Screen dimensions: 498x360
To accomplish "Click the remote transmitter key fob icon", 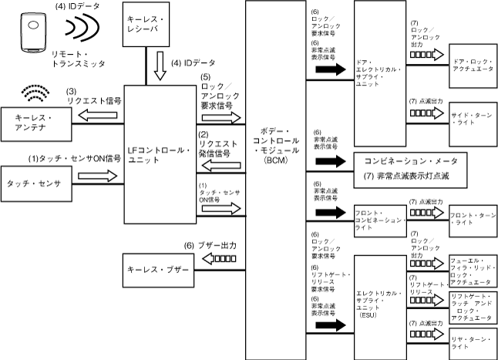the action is [x=33, y=32].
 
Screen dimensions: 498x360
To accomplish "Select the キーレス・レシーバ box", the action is [x=146, y=24].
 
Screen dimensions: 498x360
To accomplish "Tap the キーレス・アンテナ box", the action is [x=36, y=124].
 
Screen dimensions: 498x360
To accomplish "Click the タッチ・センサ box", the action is [x=36, y=183].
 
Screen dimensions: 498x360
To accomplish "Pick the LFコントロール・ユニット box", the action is [x=160, y=154].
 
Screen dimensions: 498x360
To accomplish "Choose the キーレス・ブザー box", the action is [x=159, y=271].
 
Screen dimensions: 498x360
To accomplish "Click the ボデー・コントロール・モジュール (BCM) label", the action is [x=276, y=146].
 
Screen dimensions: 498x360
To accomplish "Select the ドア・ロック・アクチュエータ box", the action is [x=473, y=66].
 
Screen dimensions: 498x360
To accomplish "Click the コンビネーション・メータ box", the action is [x=411, y=170].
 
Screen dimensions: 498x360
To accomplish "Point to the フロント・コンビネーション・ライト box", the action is [x=381, y=221].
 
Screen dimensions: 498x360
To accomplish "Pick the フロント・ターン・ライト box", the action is [x=473, y=221].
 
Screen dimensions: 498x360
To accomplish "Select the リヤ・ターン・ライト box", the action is [x=473, y=344].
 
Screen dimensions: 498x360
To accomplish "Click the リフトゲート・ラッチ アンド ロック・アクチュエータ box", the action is [x=473, y=308].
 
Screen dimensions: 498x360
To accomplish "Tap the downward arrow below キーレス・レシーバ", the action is [x=160, y=66].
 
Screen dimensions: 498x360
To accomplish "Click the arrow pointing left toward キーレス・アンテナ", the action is [x=97, y=115].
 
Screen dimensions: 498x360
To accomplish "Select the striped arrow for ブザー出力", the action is [x=219, y=259].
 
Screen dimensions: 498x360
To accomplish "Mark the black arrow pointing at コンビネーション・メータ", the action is [x=331, y=161].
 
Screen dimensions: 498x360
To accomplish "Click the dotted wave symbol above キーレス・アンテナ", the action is [x=35, y=93].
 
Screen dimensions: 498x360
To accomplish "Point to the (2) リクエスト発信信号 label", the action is [x=218, y=144].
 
